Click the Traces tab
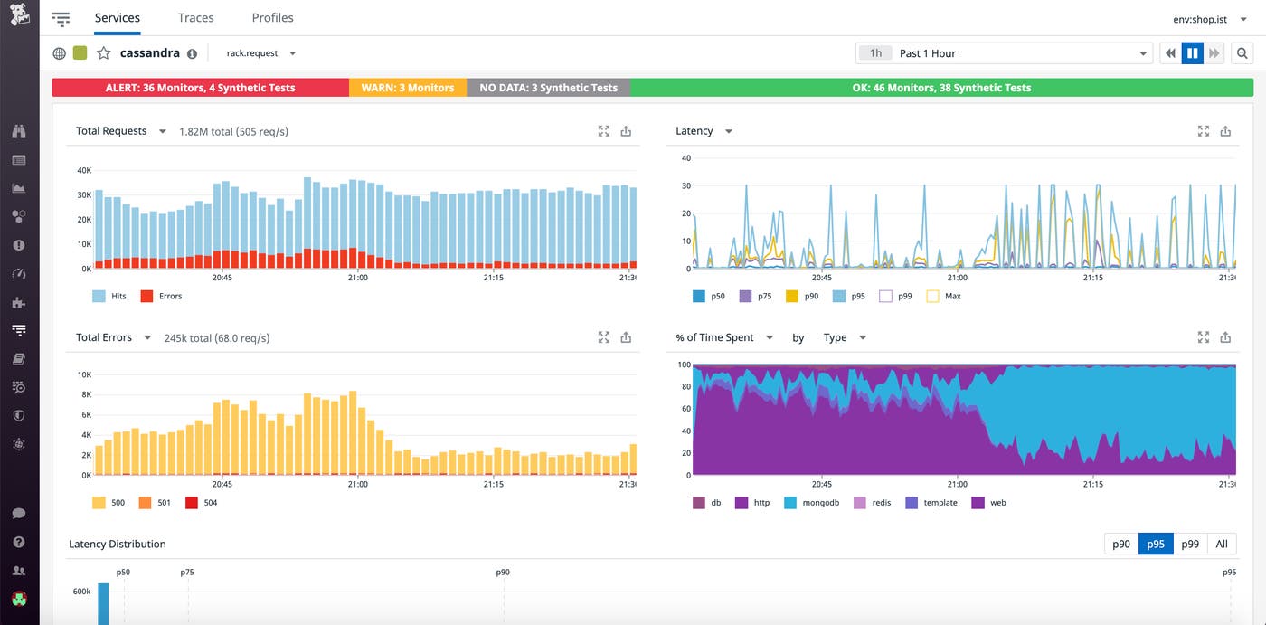195,18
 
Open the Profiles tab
272,18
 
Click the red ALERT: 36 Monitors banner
200,88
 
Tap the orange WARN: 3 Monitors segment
407,88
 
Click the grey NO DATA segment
548,88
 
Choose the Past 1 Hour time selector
1004,53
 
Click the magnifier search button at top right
1242,53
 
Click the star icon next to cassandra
104,53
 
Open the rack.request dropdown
261,53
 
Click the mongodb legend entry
817,502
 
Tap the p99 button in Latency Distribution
1190,544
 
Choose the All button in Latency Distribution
1222,544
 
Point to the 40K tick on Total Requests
83,170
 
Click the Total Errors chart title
104,337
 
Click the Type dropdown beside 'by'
844,337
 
